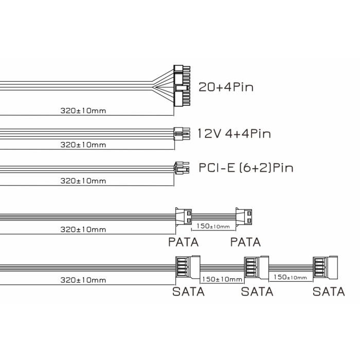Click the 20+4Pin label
tap(226, 87)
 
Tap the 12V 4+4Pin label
tap(234, 134)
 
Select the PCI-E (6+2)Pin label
tap(246, 168)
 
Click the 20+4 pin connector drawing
tap(182, 86)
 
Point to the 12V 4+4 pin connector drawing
tap(182, 134)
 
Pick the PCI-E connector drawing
tap(182, 168)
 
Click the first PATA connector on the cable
tap(183, 217)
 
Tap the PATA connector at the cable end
tap(244, 217)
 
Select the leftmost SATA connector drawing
tap(188, 267)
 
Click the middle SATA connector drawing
tap(257, 267)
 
